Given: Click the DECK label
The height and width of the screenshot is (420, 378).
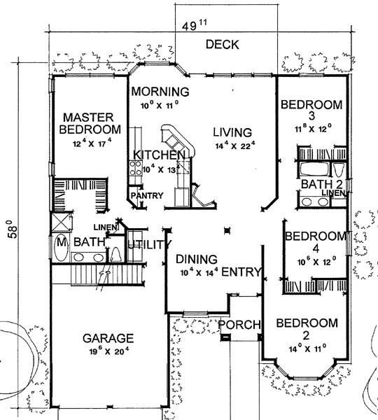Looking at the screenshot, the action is pyautogui.click(x=222, y=45).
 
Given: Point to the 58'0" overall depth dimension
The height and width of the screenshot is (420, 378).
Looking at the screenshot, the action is pyautogui.click(x=13, y=230).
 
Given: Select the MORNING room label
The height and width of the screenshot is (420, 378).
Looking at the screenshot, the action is pyautogui.click(x=160, y=92).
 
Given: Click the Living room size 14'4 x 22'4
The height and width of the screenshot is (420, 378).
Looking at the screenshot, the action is pyautogui.click(x=235, y=146).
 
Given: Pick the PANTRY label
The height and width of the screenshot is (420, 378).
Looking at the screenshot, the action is pyautogui.click(x=147, y=195).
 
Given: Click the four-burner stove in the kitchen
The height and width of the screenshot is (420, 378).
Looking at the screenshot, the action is pyautogui.click(x=135, y=168).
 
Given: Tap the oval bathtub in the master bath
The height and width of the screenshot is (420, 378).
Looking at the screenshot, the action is pyautogui.click(x=61, y=247).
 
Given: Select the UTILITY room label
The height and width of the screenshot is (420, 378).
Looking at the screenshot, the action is pyautogui.click(x=150, y=244).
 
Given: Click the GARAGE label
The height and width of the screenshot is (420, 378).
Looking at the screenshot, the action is pyautogui.click(x=108, y=338).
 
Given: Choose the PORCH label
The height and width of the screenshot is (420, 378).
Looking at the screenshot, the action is pyautogui.click(x=239, y=325).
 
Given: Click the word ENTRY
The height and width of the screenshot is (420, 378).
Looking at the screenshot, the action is pyautogui.click(x=241, y=272).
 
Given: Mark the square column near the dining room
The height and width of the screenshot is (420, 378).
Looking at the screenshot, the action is pyautogui.click(x=227, y=230).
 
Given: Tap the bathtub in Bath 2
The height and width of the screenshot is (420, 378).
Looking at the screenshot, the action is pyautogui.click(x=314, y=169).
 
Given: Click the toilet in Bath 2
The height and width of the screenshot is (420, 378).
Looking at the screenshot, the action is pyautogui.click(x=339, y=169).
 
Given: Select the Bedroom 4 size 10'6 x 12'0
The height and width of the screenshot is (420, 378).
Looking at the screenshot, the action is pyautogui.click(x=316, y=261).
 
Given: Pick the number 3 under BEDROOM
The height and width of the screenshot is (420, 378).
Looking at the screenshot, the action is pyautogui.click(x=311, y=116).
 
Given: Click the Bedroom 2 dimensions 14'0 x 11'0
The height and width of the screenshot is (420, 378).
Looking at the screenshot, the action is pyautogui.click(x=307, y=349).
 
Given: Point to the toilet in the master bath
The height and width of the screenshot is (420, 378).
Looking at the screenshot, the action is pyautogui.click(x=116, y=255).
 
